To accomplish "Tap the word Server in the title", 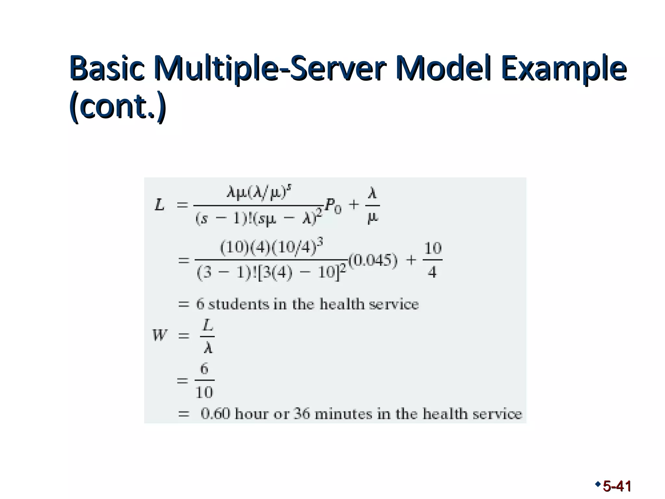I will pos(338,69).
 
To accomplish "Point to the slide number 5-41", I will pos(617,486).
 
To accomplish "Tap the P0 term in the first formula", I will pos(333,206).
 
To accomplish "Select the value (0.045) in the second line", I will pos(373,260).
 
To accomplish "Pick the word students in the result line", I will pos(239,304).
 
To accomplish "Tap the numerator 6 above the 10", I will pos(204,369).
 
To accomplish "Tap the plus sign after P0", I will pos(354,205).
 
